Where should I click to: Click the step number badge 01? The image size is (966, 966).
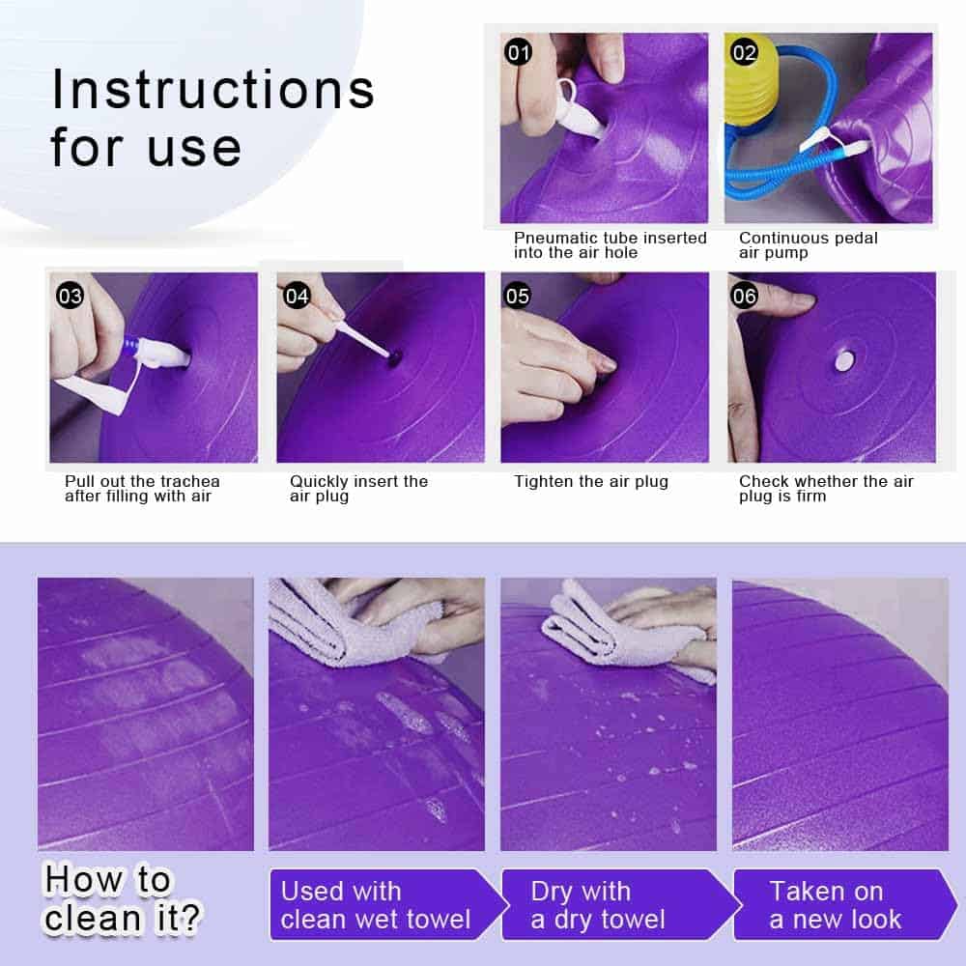point(518,53)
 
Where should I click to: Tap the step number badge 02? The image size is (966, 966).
point(744,53)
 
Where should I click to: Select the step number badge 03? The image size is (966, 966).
point(70,297)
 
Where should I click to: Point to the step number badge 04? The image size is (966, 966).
point(297,297)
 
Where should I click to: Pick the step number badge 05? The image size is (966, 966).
point(518,297)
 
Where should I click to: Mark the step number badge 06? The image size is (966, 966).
point(744,297)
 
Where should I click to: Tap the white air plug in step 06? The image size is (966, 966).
point(844,361)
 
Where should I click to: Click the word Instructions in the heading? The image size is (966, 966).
point(213,90)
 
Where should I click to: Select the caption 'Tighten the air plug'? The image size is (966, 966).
point(591,481)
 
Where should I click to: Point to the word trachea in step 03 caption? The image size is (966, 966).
point(190,481)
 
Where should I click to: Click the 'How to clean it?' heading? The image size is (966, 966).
point(123,898)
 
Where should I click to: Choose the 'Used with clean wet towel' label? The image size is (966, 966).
point(375,905)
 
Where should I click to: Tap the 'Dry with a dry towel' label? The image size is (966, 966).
point(598,905)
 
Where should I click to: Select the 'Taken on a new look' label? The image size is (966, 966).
point(835,905)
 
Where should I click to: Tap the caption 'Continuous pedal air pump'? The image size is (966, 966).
point(809,245)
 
